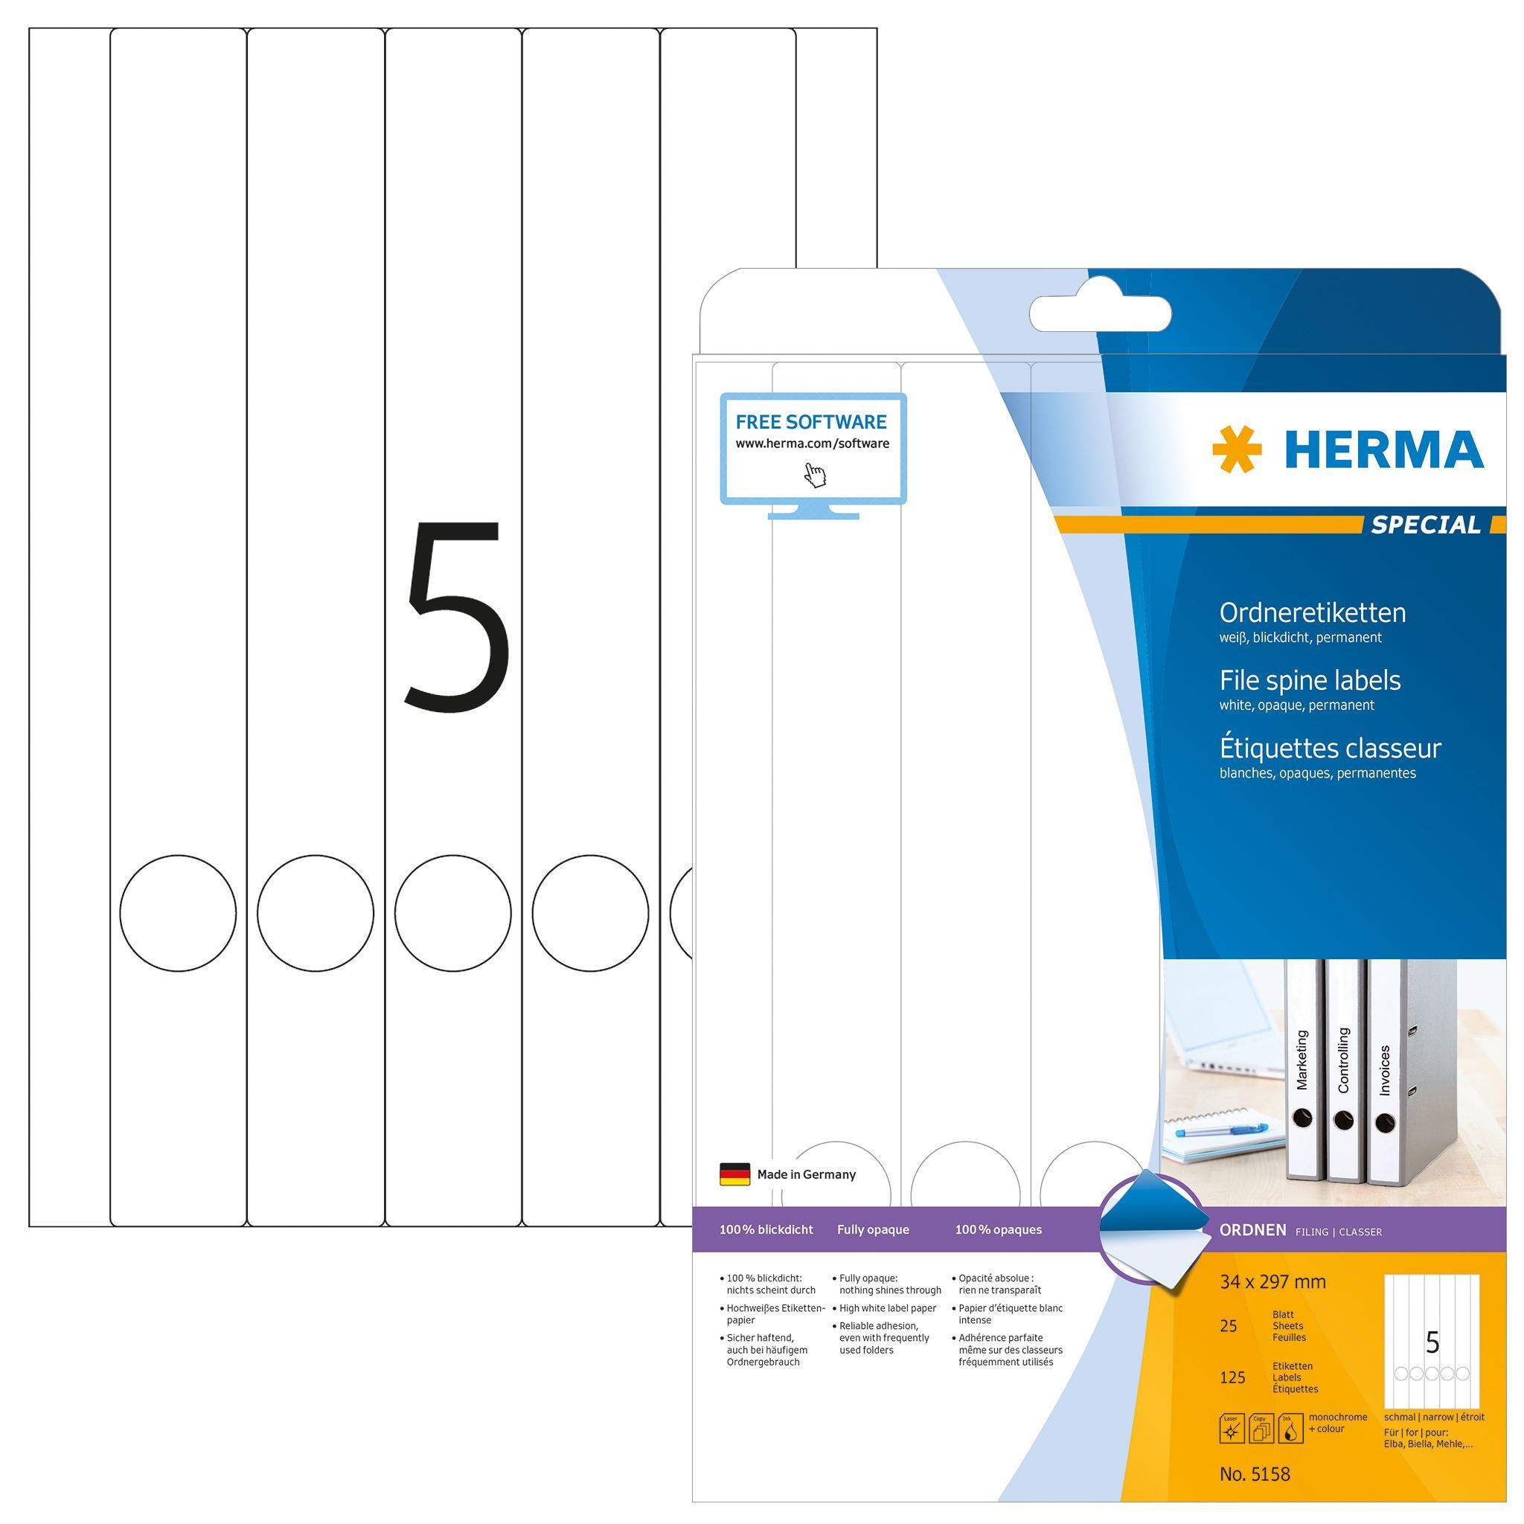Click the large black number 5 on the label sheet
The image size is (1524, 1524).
pyautogui.click(x=455, y=613)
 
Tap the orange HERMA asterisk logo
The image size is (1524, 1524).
pyautogui.click(x=1236, y=449)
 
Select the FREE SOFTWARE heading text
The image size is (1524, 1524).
pyautogui.click(x=811, y=422)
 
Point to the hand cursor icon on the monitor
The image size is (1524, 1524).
pyautogui.click(x=815, y=475)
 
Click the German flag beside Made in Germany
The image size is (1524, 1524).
pyautogui.click(x=734, y=1174)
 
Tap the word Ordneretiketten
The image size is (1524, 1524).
pyautogui.click(x=1313, y=613)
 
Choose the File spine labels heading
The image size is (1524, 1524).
pyautogui.click(x=1310, y=680)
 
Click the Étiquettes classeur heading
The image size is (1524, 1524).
pyautogui.click(x=1331, y=747)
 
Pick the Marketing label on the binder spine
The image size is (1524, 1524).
pyautogui.click(x=1302, y=1060)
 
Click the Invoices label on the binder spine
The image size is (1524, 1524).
pyautogui.click(x=1384, y=1069)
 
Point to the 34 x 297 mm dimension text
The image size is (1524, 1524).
pyautogui.click(x=1272, y=1282)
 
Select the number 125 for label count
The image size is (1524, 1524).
pyautogui.click(x=1232, y=1377)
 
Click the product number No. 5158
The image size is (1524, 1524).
pyautogui.click(x=1254, y=1473)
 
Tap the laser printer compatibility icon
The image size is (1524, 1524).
pyautogui.click(x=1232, y=1429)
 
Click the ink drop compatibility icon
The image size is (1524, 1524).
pyautogui.click(x=1290, y=1429)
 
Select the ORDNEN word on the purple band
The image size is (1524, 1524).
pyautogui.click(x=1252, y=1230)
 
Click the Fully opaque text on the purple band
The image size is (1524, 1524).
pyautogui.click(x=872, y=1229)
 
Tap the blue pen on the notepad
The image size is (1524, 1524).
pyautogui.click(x=1219, y=1131)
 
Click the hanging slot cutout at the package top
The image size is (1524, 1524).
pyautogui.click(x=1100, y=314)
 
